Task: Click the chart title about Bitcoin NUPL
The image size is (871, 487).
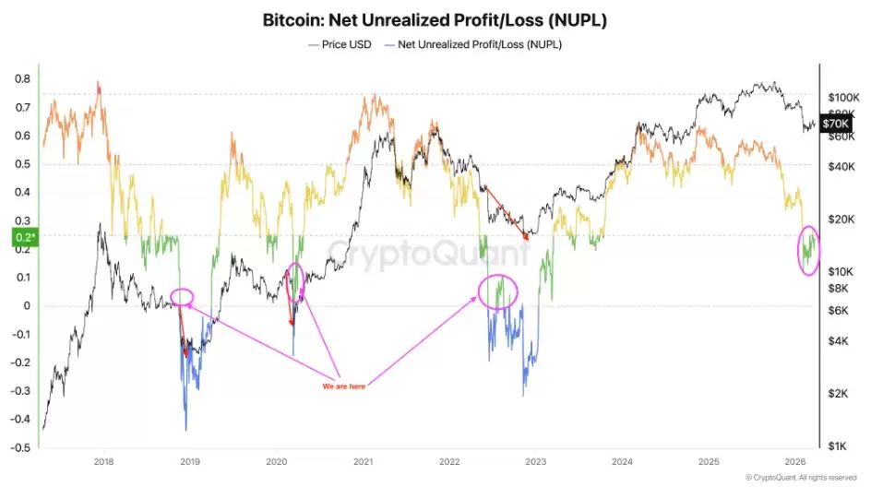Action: (435, 18)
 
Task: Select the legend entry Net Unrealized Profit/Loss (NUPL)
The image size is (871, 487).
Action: (480, 43)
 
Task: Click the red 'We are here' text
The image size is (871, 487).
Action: (343, 386)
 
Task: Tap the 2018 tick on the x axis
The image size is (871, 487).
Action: (103, 461)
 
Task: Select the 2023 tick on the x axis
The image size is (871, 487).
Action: (536, 461)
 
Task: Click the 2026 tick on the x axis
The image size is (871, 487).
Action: (795, 461)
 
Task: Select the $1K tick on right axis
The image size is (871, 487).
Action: (838, 446)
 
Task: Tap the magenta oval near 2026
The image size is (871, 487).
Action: (809, 250)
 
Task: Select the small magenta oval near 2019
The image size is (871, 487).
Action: (183, 297)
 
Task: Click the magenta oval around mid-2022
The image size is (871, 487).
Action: (498, 291)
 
